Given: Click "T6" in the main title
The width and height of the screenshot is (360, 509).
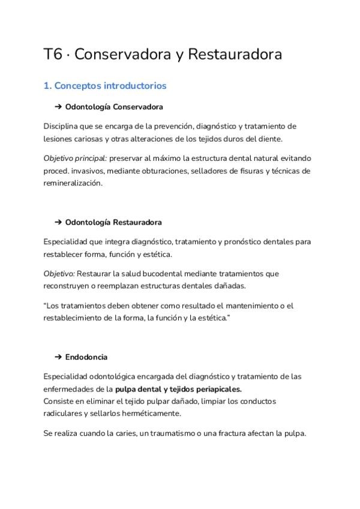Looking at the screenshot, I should point(53,55).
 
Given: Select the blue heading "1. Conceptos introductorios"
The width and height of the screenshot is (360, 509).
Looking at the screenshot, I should point(105,86).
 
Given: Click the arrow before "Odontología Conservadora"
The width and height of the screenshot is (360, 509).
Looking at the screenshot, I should point(58,107).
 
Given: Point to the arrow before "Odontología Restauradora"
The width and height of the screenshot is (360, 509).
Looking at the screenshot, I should point(58,222).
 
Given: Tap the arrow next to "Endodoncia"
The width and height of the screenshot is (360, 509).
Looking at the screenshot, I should point(58,357).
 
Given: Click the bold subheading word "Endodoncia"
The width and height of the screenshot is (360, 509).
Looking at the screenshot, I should point(86,357).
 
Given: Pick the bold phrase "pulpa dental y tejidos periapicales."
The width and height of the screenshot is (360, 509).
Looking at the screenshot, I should point(178,389).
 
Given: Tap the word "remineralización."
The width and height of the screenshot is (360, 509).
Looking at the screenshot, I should point(73,184).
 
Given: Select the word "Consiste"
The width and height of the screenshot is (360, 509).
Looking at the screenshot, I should point(59,401).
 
